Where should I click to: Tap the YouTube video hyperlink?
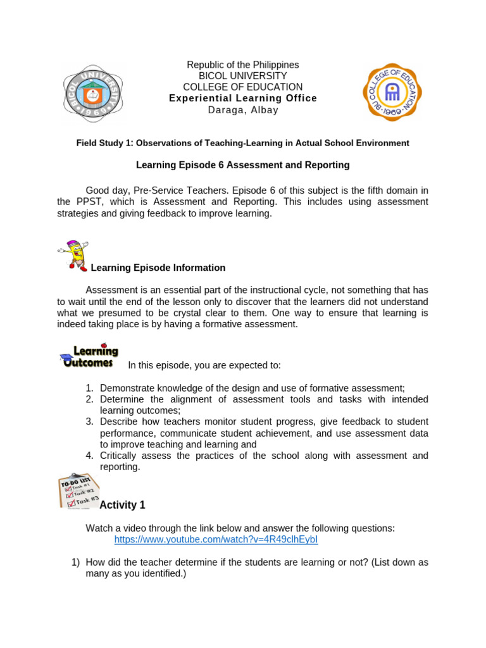(x=216, y=540)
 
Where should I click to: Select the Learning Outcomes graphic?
(x=89, y=356)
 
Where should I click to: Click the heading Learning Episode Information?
(x=158, y=268)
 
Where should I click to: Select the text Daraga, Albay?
(x=243, y=110)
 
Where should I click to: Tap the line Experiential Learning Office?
(x=243, y=98)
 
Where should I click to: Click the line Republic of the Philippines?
(x=243, y=65)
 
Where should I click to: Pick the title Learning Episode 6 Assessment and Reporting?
(x=243, y=165)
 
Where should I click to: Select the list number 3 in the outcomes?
(x=89, y=421)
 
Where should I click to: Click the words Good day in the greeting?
(x=106, y=190)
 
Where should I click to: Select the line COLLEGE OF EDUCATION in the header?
(x=243, y=87)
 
